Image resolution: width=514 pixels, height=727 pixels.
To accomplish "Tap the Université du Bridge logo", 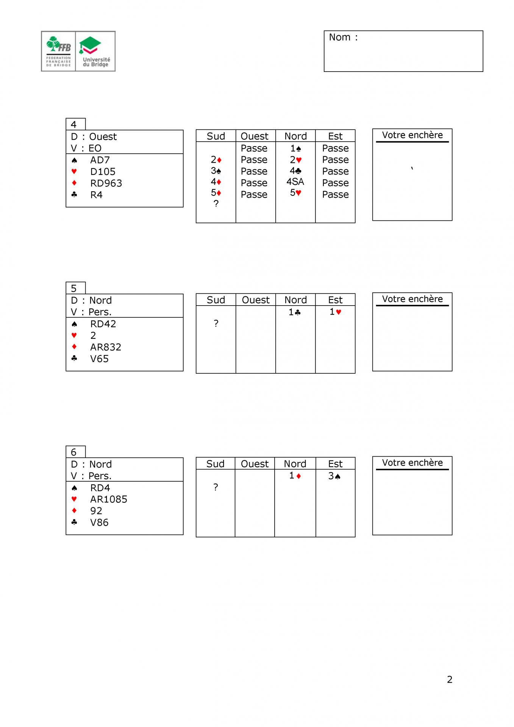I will click(x=95, y=51).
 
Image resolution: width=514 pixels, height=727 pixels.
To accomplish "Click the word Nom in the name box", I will click(x=340, y=37).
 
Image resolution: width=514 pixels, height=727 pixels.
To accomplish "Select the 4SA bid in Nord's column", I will click(x=295, y=182).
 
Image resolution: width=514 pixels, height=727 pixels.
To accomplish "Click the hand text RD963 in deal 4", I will click(x=106, y=183).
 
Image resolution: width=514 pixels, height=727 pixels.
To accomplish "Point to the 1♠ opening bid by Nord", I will click(x=295, y=148).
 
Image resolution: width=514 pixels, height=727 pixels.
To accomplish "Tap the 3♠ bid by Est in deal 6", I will click(x=334, y=476).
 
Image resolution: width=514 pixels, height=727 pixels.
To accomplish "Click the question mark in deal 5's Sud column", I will click(x=216, y=323).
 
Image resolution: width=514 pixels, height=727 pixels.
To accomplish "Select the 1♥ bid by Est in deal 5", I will click(x=335, y=312).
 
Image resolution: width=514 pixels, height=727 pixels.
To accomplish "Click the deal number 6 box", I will click(x=75, y=452).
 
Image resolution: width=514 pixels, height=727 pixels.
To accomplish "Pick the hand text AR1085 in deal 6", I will click(x=108, y=499).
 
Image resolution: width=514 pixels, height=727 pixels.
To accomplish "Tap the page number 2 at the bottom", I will click(x=450, y=679).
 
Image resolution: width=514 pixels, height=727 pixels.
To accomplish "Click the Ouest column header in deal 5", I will click(x=256, y=300).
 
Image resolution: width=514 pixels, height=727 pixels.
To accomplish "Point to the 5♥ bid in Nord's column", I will click(x=295, y=193).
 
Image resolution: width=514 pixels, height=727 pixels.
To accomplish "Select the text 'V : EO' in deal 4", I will click(x=86, y=148).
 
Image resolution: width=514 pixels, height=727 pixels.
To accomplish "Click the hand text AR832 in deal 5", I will click(x=106, y=347).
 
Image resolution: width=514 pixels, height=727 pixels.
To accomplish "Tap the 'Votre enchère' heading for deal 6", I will click(x=412, y=463).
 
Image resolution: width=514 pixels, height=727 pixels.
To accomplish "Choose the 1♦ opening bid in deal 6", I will click(x=295, y=476).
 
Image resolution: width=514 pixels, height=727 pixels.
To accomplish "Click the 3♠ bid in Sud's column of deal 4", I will click(x=216, y=171).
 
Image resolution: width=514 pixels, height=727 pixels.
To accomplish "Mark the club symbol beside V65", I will click(x=74, y=358).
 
